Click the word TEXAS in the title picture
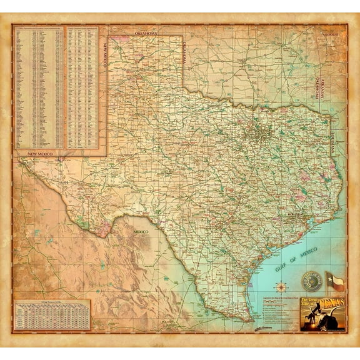pyautogui.click(x=328, y=304)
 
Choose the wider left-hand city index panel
pyautogui.click(x=39, y=87)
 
